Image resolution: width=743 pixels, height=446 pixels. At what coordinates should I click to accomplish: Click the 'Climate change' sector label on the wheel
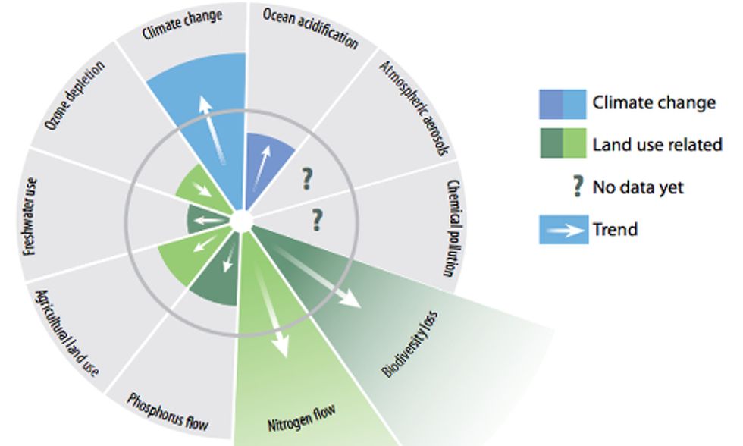[183, 24]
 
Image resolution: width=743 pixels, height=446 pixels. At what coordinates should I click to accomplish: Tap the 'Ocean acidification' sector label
[310, 28]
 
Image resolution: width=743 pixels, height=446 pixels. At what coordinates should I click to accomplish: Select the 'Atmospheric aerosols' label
[414, 108]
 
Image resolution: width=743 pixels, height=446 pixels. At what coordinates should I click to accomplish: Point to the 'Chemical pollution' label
[454, 228]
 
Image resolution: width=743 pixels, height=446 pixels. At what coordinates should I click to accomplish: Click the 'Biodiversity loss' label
[410, 344]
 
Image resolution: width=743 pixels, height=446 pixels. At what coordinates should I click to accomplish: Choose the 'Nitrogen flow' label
[302, 418]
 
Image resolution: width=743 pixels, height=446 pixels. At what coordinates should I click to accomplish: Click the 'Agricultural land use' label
[67, 333]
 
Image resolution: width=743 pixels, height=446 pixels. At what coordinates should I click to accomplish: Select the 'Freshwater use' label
[30, 217]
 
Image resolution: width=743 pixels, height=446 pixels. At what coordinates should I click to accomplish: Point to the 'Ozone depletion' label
[74, 96]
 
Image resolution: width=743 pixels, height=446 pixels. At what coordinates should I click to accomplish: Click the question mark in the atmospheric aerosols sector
[308, 179]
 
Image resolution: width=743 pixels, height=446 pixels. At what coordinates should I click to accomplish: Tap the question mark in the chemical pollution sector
[317, 220]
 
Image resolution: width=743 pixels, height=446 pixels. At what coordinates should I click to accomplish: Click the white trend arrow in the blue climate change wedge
[213, 130]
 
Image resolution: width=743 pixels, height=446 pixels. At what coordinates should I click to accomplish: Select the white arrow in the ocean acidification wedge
[262, 168]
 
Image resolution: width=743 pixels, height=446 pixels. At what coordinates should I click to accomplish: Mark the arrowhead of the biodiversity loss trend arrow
[351, 299]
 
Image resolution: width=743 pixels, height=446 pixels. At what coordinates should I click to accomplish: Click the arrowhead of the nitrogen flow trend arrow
[281, 346]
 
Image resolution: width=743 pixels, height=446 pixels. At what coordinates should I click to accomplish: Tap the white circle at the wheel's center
[242, 221]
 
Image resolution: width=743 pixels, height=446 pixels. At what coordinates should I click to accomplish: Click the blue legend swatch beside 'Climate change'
[563, 104]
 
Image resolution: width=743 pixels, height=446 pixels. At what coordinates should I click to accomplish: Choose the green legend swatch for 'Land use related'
[563, 143]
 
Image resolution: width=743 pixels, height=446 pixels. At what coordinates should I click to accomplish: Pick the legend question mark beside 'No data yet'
[578, 187]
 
